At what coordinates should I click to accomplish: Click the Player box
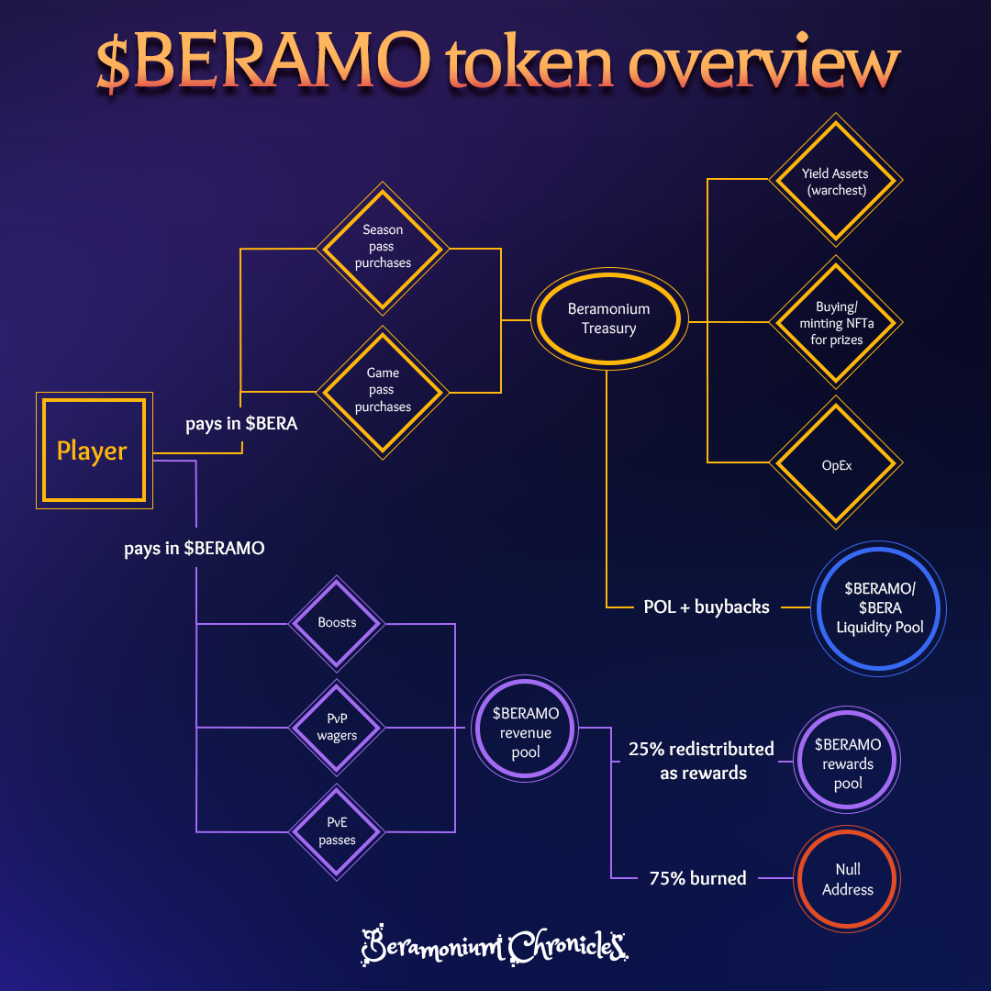pos(94,451)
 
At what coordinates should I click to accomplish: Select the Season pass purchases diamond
pos(382,248)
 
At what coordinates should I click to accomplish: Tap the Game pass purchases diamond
pos(382,391)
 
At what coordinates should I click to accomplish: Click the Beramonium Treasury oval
pos(607,319)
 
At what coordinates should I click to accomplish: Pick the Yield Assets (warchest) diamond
pos(834,181)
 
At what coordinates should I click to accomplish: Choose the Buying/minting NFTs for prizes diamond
pos(834,322)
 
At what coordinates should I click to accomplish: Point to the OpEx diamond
pos(835,464)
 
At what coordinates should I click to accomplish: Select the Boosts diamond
pos(337,623)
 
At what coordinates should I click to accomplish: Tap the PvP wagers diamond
pos(337,728)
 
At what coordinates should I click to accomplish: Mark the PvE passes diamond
pos(337,831)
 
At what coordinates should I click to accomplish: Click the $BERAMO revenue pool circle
pos(525,731)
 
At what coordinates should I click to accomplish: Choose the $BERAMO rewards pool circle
pos(848,763)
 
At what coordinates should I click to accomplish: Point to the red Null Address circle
pos(848,878)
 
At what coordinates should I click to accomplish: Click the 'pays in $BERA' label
pos(241,425)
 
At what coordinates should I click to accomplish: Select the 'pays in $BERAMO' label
pos(195,549)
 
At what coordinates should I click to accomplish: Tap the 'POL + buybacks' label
pos(707,607)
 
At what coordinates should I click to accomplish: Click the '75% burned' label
pos(697,878)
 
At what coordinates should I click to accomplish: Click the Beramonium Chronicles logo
pos(495,943)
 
